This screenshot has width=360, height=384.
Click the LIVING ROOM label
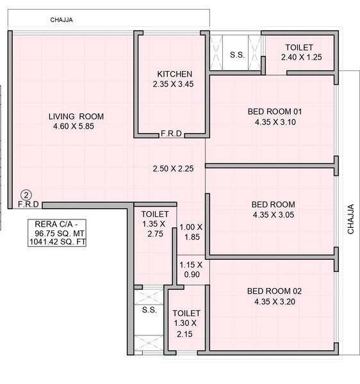[x=76, y=116]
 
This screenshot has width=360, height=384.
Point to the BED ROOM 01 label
[x=274, y=111]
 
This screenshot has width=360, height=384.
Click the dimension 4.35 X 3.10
[x=274, y=122]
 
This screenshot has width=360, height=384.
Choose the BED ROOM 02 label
[x=274, y=291]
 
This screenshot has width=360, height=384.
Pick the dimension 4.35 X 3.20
[x=274, y=301]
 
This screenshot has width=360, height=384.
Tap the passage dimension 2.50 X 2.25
[x=173, y=169]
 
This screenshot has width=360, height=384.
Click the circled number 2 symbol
[x=26, y=195]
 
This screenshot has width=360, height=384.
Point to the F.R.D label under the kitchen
[x=171, y=134]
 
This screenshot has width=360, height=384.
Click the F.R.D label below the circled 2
[x=28, y=205]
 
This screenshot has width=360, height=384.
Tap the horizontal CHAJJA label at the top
[x=61, y=20]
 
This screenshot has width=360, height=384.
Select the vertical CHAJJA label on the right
[x=350, y=220]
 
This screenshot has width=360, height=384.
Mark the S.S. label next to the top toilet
[x=236, y=55]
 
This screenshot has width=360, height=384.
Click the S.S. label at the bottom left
[x=149, y=310]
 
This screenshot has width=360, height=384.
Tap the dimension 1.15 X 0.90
[x=190, y=269]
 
